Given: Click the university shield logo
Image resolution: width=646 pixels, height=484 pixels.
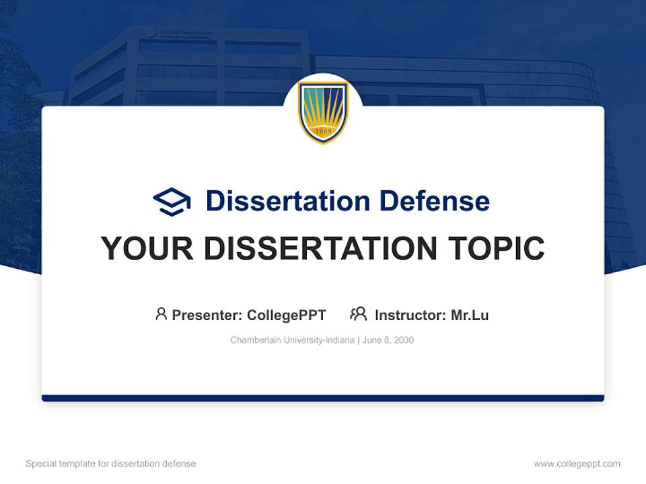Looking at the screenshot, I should point(323,112).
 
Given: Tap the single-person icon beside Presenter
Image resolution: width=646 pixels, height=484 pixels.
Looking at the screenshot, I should point(161,314).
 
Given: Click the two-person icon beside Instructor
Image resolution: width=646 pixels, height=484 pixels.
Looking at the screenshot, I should point(358,314).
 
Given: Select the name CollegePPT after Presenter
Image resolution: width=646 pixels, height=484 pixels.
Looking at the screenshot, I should point(286,315).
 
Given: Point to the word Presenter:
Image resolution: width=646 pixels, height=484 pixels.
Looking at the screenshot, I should point(207,315).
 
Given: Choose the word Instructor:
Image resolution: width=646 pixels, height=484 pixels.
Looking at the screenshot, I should point(410,315).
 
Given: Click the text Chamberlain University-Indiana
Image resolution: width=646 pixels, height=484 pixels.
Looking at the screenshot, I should point(292,340).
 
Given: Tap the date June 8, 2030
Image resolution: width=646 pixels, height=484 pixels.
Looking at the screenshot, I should point(388,340).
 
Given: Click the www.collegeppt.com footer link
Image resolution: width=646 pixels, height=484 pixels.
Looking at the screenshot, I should point(577,464).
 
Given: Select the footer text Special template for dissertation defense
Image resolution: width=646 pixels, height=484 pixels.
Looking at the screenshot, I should point(111,464).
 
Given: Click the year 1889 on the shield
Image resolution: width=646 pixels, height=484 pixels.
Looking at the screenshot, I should point(323,131).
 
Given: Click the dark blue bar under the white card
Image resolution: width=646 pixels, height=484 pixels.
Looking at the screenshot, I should point(323,398).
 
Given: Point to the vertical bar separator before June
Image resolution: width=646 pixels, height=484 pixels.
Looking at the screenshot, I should point(359,340).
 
